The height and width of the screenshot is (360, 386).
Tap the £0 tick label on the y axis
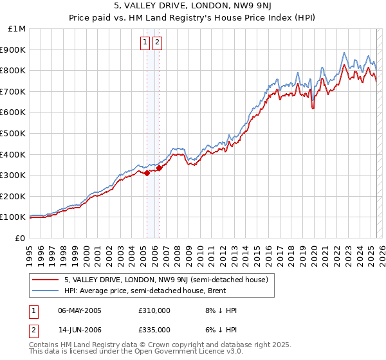pos(21,238)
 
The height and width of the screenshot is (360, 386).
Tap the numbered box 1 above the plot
pos(145,43)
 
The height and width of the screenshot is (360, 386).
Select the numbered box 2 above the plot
pos(157,43)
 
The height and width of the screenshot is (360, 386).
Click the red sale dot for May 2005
pos(147,173)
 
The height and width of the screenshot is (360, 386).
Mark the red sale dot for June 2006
pos(159,168)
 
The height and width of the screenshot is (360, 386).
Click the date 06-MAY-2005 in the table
pos(79,310)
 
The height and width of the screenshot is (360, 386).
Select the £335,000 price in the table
pos(154,330)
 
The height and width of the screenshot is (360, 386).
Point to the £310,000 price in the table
pos(154,310)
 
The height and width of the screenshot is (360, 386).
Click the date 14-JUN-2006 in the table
pos(79,330)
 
